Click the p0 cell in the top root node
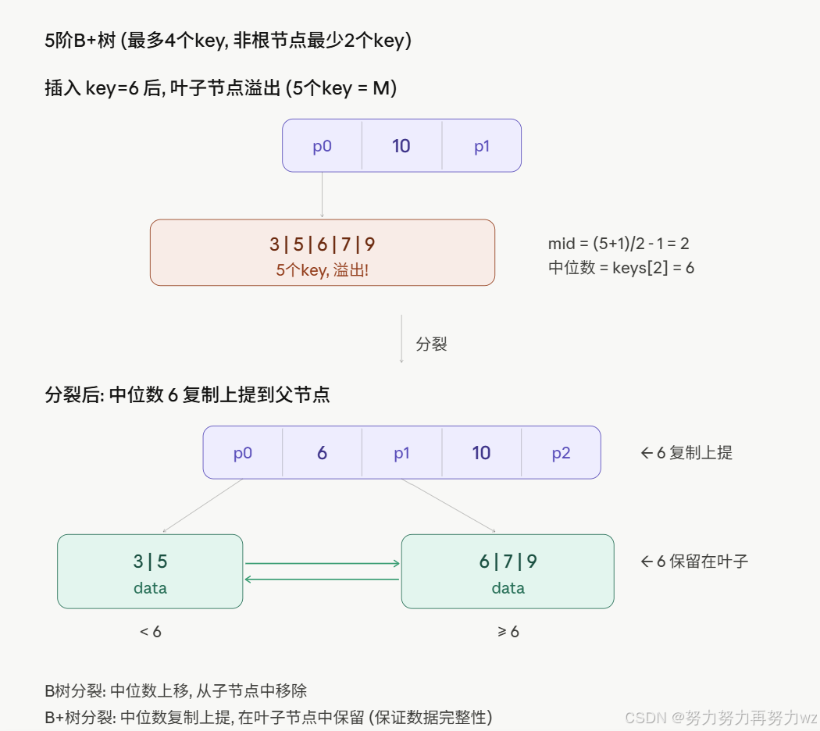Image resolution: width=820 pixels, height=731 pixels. pyautogui.click(x=323, y=146)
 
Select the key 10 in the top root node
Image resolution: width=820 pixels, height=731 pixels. pyautogui.click(x=401, y=146)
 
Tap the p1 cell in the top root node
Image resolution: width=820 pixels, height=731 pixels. pyautogui.click(x=482, y=146)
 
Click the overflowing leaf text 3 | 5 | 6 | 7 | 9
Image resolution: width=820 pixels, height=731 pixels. pyautogui.click(x=322, y=244)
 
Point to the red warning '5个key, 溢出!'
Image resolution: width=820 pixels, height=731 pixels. pyautogui.click(x=322, y=271)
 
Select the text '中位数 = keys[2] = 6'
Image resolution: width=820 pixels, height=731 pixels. pyautogui.click(x=621, y=268)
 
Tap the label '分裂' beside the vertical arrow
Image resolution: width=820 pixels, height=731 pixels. pyautogui.click(x=431, y=344)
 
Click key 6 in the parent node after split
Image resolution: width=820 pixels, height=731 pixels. pyautogui.click(x=322, y=453)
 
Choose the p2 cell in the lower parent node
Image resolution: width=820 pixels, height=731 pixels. pyautogui.click(x=561, y=453)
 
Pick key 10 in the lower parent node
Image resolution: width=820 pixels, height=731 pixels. pyautogui.click(x=481, y=453)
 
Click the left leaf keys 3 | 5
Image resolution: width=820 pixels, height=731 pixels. pyautogui.click(x=150, y=562)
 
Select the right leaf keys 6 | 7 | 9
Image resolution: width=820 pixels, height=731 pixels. pyautogui.click(x=508, y=562)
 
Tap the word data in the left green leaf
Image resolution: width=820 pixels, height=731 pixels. pyautogui.click(x=150, y=588)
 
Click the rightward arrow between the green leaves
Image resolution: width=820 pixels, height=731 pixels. pyautogui.click(x=322, y=563)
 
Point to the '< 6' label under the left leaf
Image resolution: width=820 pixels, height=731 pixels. pyautogui.click(x=151, y=632)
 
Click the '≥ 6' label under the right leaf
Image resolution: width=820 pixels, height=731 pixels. pyautogui.click(x=508, y=632)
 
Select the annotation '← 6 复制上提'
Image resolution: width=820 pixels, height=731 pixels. pyautogui.click(x=686, y=453)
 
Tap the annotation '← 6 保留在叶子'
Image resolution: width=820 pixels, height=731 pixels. pyautogui.click(x=694, y=561)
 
